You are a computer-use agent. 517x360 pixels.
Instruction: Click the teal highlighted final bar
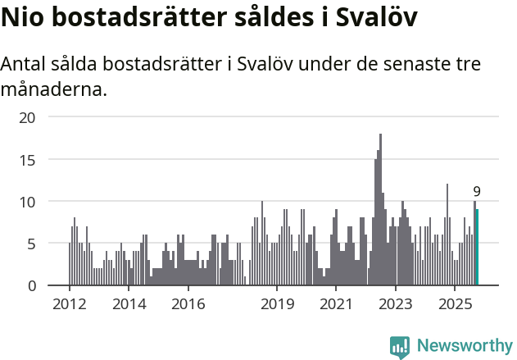point(477,248)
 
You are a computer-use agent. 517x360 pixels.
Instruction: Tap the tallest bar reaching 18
point(380,210)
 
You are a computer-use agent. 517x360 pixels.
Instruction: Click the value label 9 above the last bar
point(477,192)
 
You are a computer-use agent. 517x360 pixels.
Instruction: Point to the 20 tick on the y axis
point(29,117)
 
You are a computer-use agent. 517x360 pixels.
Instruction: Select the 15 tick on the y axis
point(29,159)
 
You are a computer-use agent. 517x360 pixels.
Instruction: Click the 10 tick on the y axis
point(29,202)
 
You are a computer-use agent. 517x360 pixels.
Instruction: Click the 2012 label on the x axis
point(69,304)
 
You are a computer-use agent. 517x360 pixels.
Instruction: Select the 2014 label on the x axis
point(129,304)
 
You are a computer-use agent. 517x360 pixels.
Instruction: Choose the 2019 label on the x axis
point(277,304)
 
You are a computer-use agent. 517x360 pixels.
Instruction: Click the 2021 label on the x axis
point(336,304)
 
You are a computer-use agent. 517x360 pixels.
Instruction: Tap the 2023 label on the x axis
point(396,304)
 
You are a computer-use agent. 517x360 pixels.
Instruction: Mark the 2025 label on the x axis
point(455,304)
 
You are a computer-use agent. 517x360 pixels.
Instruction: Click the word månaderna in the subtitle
point(54,89)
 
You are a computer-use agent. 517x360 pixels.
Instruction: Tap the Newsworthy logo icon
point(400,346)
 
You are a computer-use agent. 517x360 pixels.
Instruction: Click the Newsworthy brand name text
point(464,346)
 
